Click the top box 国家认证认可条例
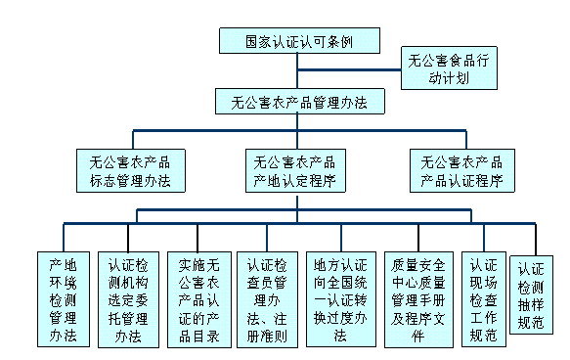tap(299, 41)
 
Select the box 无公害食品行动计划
tap(449, 68)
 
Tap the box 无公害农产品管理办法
tap(300, 102)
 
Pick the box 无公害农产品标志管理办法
tap(131, 170)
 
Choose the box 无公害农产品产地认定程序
tap(295, 170)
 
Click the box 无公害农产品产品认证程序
tap(462, 170)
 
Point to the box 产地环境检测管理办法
tap(64, 299)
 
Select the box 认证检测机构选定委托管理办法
tap(128, 299)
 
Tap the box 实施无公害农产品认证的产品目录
tap(199, 299)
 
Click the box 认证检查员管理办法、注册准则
tap(267, 299)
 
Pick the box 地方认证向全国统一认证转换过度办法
tap(341, 299)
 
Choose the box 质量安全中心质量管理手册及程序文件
tap(418, 299)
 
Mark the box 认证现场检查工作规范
tap(484, 299)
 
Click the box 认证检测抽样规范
tap(531, 294)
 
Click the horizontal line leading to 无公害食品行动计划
tap(349, 69)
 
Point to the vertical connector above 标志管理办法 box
tap(133, 140)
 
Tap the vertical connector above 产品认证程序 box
tap(466, 140)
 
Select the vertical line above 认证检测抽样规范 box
tap(536, 240)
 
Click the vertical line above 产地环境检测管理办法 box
tap(64, 238)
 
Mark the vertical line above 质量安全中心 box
tap(418, 238)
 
